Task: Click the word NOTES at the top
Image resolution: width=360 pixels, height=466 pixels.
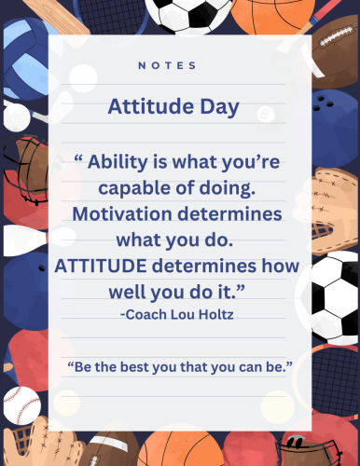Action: pos(167,65)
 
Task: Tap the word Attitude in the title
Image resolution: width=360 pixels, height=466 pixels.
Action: pos(145,105)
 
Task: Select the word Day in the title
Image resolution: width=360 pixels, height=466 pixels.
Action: pos(215,105)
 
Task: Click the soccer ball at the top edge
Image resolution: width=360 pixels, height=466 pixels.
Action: pos(182,13)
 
